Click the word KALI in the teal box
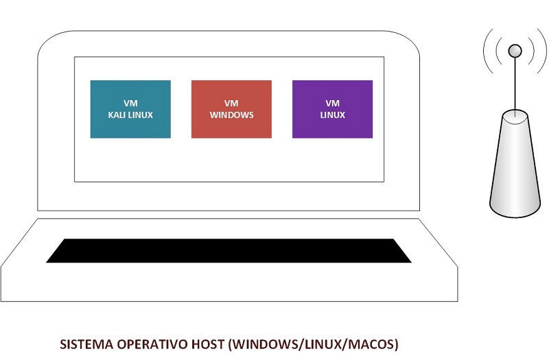tap(119, 115)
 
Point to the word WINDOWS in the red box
tap(231, 115)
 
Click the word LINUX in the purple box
tap(332, 115)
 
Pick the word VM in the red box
tap(231, 104)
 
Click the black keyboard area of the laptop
tap(229, 251)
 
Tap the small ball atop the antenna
tap(514, 50)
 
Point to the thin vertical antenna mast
tap(514, 82)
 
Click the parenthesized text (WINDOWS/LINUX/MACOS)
tap(313, 343)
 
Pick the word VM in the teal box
tap(130, 104)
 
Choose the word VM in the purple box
tap(332, 104)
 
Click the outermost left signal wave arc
tap(485, 51)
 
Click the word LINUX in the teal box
tap(141, 115)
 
